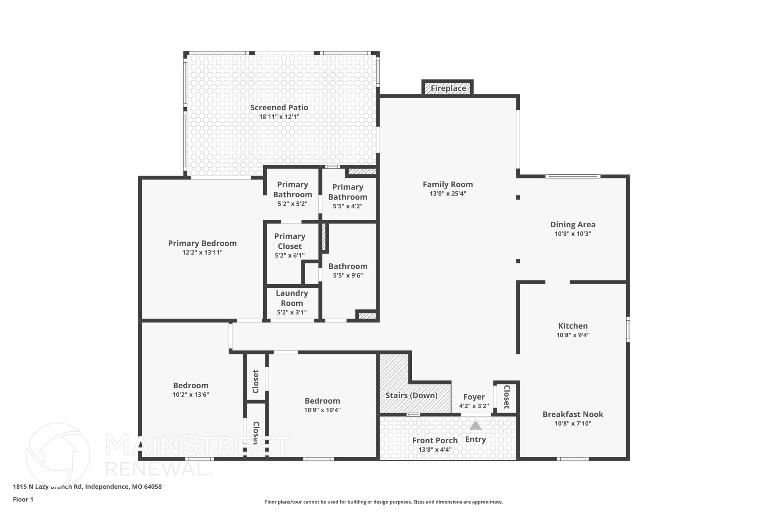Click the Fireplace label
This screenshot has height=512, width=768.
(x=448, y=88)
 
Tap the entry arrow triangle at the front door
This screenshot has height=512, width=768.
(x=475, y=425)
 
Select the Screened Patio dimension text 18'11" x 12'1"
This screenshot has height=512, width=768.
(x=279, y=117)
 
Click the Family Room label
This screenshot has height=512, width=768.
(x=448, y=184)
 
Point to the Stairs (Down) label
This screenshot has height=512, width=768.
(x=411, y=395)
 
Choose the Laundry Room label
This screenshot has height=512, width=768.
(x=292, y=298)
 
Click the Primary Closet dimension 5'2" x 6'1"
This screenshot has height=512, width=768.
(x=289, y=255)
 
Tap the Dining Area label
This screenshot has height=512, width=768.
(x=573, y=224)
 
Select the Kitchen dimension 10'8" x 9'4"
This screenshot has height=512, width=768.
(x=573, y=335)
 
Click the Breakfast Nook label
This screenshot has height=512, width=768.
(x=573, y=414)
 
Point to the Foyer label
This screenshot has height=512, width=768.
(x=474, y=397)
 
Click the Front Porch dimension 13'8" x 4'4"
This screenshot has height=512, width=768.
(x=435, y=449)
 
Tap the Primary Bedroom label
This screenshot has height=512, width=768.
(x=202, y=243)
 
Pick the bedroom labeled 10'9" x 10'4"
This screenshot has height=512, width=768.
(x=322, y=401)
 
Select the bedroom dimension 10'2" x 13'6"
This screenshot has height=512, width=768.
(x=190, y=395)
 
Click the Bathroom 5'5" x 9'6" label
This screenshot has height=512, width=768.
(x=348, y=266)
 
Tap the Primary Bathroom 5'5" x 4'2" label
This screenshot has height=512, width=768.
(x=348, y=192)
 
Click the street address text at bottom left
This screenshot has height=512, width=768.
(x=87, y=486)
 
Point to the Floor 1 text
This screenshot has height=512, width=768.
(x=23, y=499)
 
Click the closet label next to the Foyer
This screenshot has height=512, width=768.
(x=506, y=396)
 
